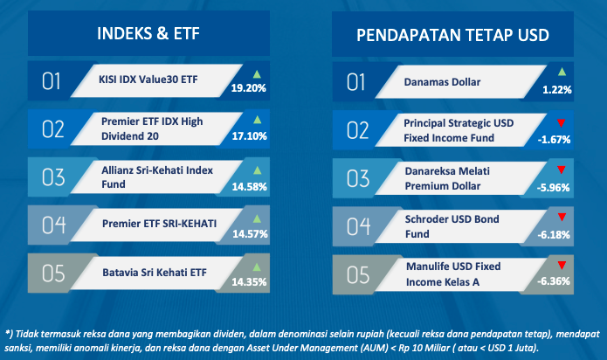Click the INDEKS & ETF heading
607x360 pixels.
(148, 33)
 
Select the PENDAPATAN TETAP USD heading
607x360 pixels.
(452, 35)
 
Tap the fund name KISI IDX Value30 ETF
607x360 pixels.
(148, 80)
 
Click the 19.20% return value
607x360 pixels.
(249, 88)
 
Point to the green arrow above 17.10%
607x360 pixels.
(257, 120)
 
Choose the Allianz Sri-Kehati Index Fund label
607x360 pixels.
(157, 177)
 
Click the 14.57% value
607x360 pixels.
(250, 234)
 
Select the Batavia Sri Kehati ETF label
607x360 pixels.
(155, 273)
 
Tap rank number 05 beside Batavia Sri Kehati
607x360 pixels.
(53, 273)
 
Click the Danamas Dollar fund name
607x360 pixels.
(442, 82)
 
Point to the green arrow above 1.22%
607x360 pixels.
(562, 72)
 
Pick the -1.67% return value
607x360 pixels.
(554, 139)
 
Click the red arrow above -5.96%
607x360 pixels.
(562, 170)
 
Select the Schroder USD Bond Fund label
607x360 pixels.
(452, 226)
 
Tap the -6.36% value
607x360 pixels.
(554, 281)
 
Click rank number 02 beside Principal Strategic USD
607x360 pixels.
(358, 130)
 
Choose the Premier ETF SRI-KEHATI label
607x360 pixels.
(159, 224)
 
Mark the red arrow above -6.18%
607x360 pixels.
(562, 218)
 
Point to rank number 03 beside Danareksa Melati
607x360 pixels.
(358, 179)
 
